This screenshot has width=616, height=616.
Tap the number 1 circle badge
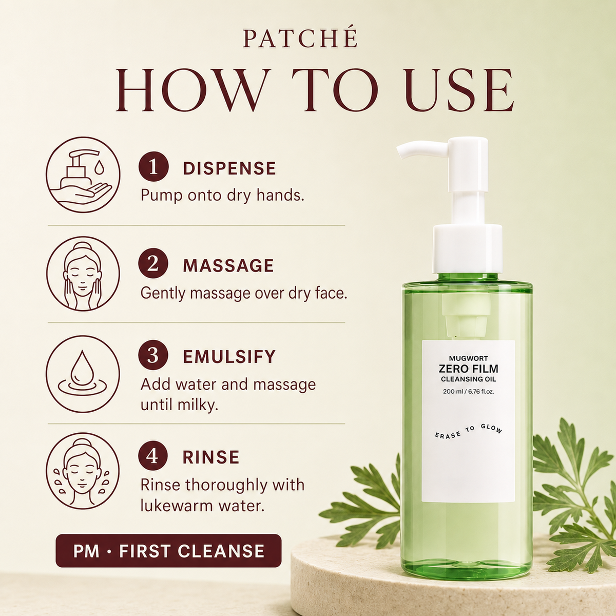153,167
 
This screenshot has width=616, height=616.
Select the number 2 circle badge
153,264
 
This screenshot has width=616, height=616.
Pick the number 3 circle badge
153,356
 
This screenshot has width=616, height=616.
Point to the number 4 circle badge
153,456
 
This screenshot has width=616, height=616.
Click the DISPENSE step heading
229,168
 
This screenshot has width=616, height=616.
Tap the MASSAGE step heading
228,265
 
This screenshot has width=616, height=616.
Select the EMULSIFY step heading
229,357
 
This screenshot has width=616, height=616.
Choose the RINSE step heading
211,457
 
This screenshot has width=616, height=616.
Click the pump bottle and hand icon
83,174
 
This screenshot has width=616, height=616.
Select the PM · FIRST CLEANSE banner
168,550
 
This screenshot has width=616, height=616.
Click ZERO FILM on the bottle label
468,369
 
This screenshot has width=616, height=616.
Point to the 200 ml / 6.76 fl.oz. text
468,391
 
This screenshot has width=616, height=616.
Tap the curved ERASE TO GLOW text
469,431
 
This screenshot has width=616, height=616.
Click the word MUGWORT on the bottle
468,359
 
